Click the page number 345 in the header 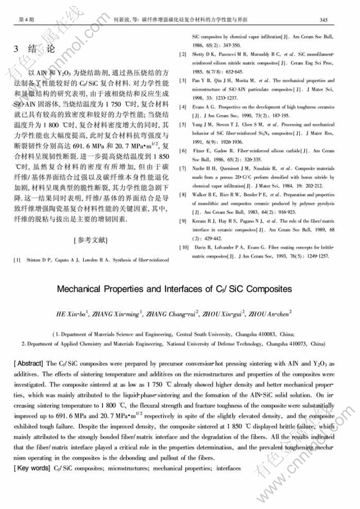tap(324, 20)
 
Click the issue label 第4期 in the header tap(26, 20)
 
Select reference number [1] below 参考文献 tap(18, 260)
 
